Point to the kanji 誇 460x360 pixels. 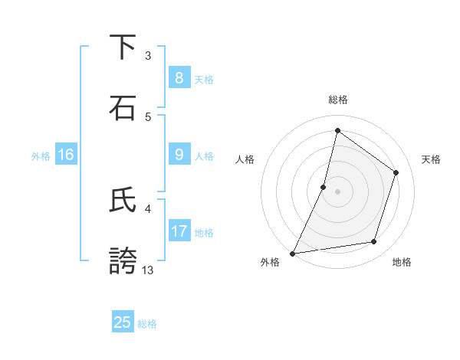tap(123, 260)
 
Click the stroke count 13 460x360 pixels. tap(148, 270)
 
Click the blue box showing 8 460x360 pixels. tap(179, 78)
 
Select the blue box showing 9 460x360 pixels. tap(179, 155)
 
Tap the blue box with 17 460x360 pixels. tap(179, 231)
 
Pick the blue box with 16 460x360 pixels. tap(66, 155)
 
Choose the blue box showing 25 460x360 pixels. tap(123, 322)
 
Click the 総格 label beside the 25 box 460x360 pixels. tap(147, 324)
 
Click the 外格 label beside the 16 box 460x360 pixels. tap(41, 156)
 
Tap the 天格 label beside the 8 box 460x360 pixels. tap(203, 80)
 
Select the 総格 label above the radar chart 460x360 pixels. tap(337, 100)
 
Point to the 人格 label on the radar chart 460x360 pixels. tap(245, 159)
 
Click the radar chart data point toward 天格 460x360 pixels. tap(396, 172)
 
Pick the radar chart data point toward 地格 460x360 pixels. tap(374, 242)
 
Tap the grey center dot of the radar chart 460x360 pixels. tap(337, 191)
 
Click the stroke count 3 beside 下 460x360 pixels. tap(148, 55)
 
